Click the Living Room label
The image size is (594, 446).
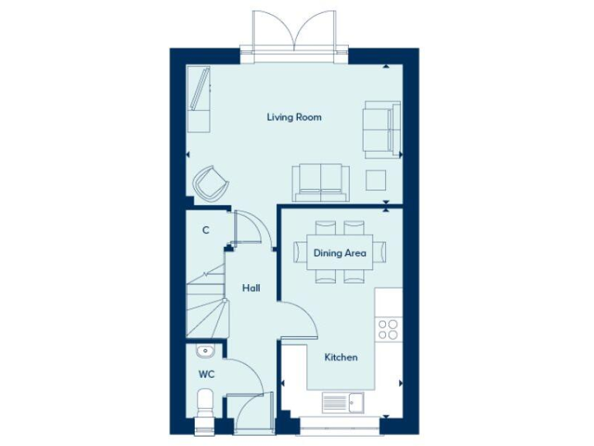click(x=294, y=118)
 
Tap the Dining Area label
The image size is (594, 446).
click(x=340, y=252)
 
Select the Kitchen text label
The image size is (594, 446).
click(x=340, y=357)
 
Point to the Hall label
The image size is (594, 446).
click(x=251, y=288)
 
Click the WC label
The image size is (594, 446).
click(x=206, y=374)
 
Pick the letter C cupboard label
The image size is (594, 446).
click(x=206, y=230)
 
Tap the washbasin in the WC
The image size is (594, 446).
click(x=205, y=352)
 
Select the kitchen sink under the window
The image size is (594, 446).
click(x=343, y=403)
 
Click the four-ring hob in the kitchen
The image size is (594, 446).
click(x=387, y=329)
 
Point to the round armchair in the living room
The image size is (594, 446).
click(x=211, y=184)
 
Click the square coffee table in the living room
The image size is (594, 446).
click(x=377, y=180)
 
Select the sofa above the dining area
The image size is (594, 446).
click(x=320, y=181)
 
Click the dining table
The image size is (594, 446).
click(x=339, y=252)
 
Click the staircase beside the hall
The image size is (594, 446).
click(x=207, y=306)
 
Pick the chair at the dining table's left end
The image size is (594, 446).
click(x=300, y=252)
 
